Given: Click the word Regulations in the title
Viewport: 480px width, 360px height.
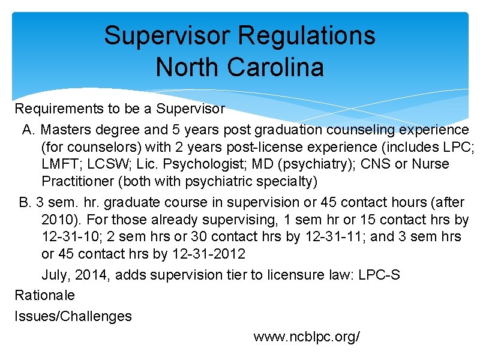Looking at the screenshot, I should click(307, 35).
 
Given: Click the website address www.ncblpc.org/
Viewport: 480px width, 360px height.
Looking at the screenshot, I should click(307, 337).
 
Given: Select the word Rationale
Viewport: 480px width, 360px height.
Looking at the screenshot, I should click(45, 295).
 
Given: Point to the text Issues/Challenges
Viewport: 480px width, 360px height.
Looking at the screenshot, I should click(73, 316).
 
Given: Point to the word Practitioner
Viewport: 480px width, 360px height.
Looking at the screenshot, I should click(78, 181).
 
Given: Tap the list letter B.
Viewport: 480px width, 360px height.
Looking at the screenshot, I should click(24, 202).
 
